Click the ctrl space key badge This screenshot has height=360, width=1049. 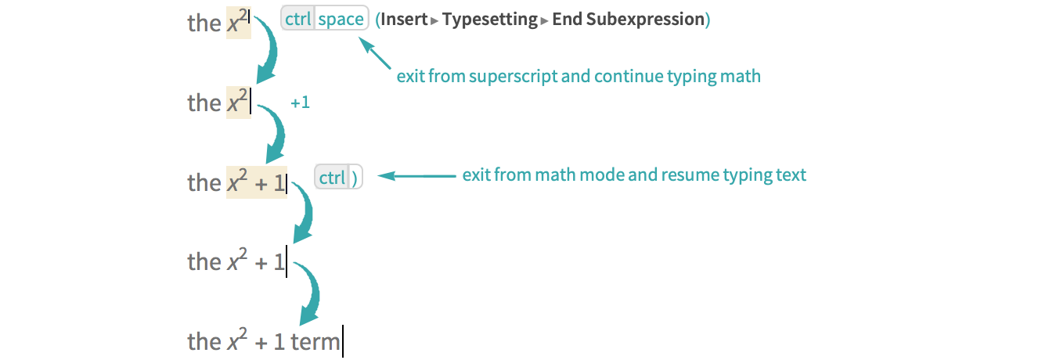324,20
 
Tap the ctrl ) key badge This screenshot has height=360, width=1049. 338,178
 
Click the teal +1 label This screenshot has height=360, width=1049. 301,103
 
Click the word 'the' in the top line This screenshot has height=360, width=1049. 204,23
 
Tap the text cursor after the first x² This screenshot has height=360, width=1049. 250,20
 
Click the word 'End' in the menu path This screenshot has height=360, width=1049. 566,20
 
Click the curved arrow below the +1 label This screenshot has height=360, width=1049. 273,133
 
